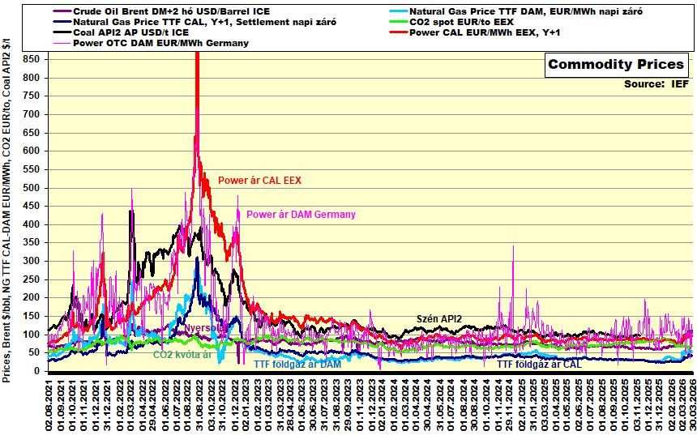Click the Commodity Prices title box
[x=616, y=65]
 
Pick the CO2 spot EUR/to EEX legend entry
[x=461, y=22]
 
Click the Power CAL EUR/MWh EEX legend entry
[x=486, y=32]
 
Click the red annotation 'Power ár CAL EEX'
[x=259, y=181]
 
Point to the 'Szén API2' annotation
[x=438, y=318]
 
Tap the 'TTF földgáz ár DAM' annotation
[x=297, y=365]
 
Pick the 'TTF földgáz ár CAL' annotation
[x=539, y=365]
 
